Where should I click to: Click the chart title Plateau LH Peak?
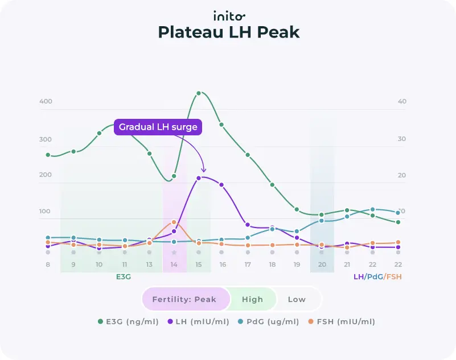click(x=228, y=32)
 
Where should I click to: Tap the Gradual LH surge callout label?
click(x=158, y=127)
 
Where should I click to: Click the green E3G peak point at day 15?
click(x=199, y=93)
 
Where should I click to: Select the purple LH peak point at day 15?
click(x=199, y=178)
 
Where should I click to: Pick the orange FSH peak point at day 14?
click(x=174, y=222)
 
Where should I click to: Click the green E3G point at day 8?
click(x=48, y=155)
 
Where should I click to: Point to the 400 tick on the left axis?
click(x=46, y=102)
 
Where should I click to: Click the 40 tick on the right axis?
click(x=402, y=102)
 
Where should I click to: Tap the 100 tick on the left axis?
click(x=46, y=212)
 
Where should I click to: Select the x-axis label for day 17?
click(x=248, y=265)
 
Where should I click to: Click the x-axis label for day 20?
click(x=322, y=265)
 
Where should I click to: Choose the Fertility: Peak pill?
click(x=186, y=299)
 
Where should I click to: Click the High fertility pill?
click(x=252, y=299)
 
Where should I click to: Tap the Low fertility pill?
click(x=297, y=299)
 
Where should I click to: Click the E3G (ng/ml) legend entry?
click(x=128, y=322)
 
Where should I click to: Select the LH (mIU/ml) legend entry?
click(x=199, y=322)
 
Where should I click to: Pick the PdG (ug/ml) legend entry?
click(x=269, y=322)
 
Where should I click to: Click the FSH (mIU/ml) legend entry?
click(x=342, y=322)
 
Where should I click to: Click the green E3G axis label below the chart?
click(x=124, y=277)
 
